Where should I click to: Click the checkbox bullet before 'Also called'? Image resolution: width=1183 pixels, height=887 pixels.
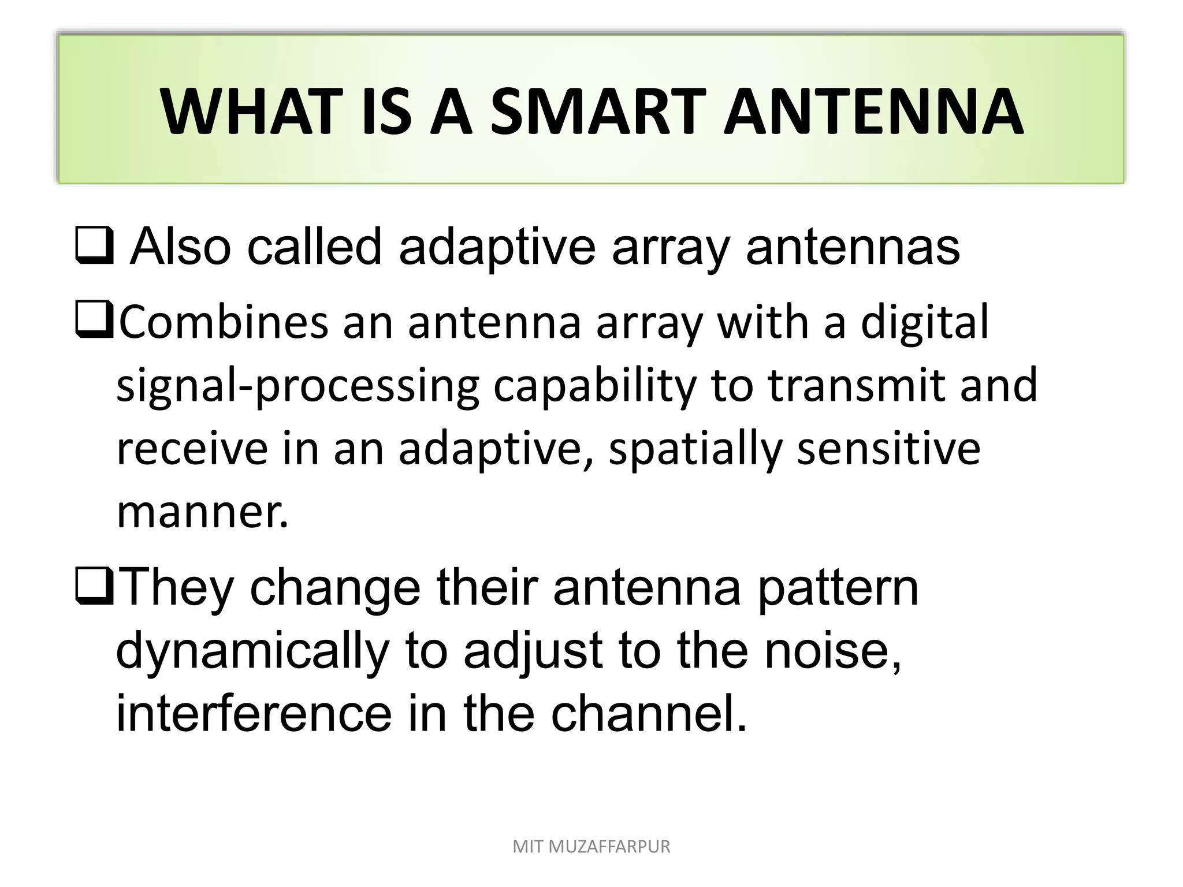[x=94, y=248]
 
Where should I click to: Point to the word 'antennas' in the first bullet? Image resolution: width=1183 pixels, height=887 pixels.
[x=853, y=248]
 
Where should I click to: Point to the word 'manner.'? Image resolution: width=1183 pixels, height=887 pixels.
[x=202, y=512]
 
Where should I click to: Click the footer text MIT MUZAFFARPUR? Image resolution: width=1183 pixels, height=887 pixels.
[x=591, y=847]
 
